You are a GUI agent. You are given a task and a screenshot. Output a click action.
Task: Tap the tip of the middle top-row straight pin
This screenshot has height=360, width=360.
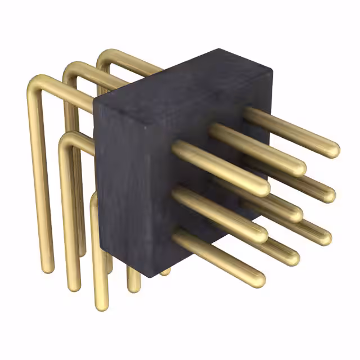pyautogui.click(x=297, y=167)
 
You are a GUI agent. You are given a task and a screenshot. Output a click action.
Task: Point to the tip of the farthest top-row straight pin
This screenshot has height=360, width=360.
pyautogui.click(x=331, y=149)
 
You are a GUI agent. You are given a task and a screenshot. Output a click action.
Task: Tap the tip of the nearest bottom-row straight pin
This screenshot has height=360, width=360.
pyautogui.click(x=256, y=279)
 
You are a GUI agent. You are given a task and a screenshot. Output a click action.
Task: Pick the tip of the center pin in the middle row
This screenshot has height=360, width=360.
pyautogui.click(x=294, y=214)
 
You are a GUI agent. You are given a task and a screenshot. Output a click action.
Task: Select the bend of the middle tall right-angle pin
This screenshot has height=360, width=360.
pyautogui.click(x=70, y=69)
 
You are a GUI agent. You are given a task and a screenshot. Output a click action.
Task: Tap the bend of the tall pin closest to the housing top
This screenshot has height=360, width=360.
pyautogui.click(x=105, y=56)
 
